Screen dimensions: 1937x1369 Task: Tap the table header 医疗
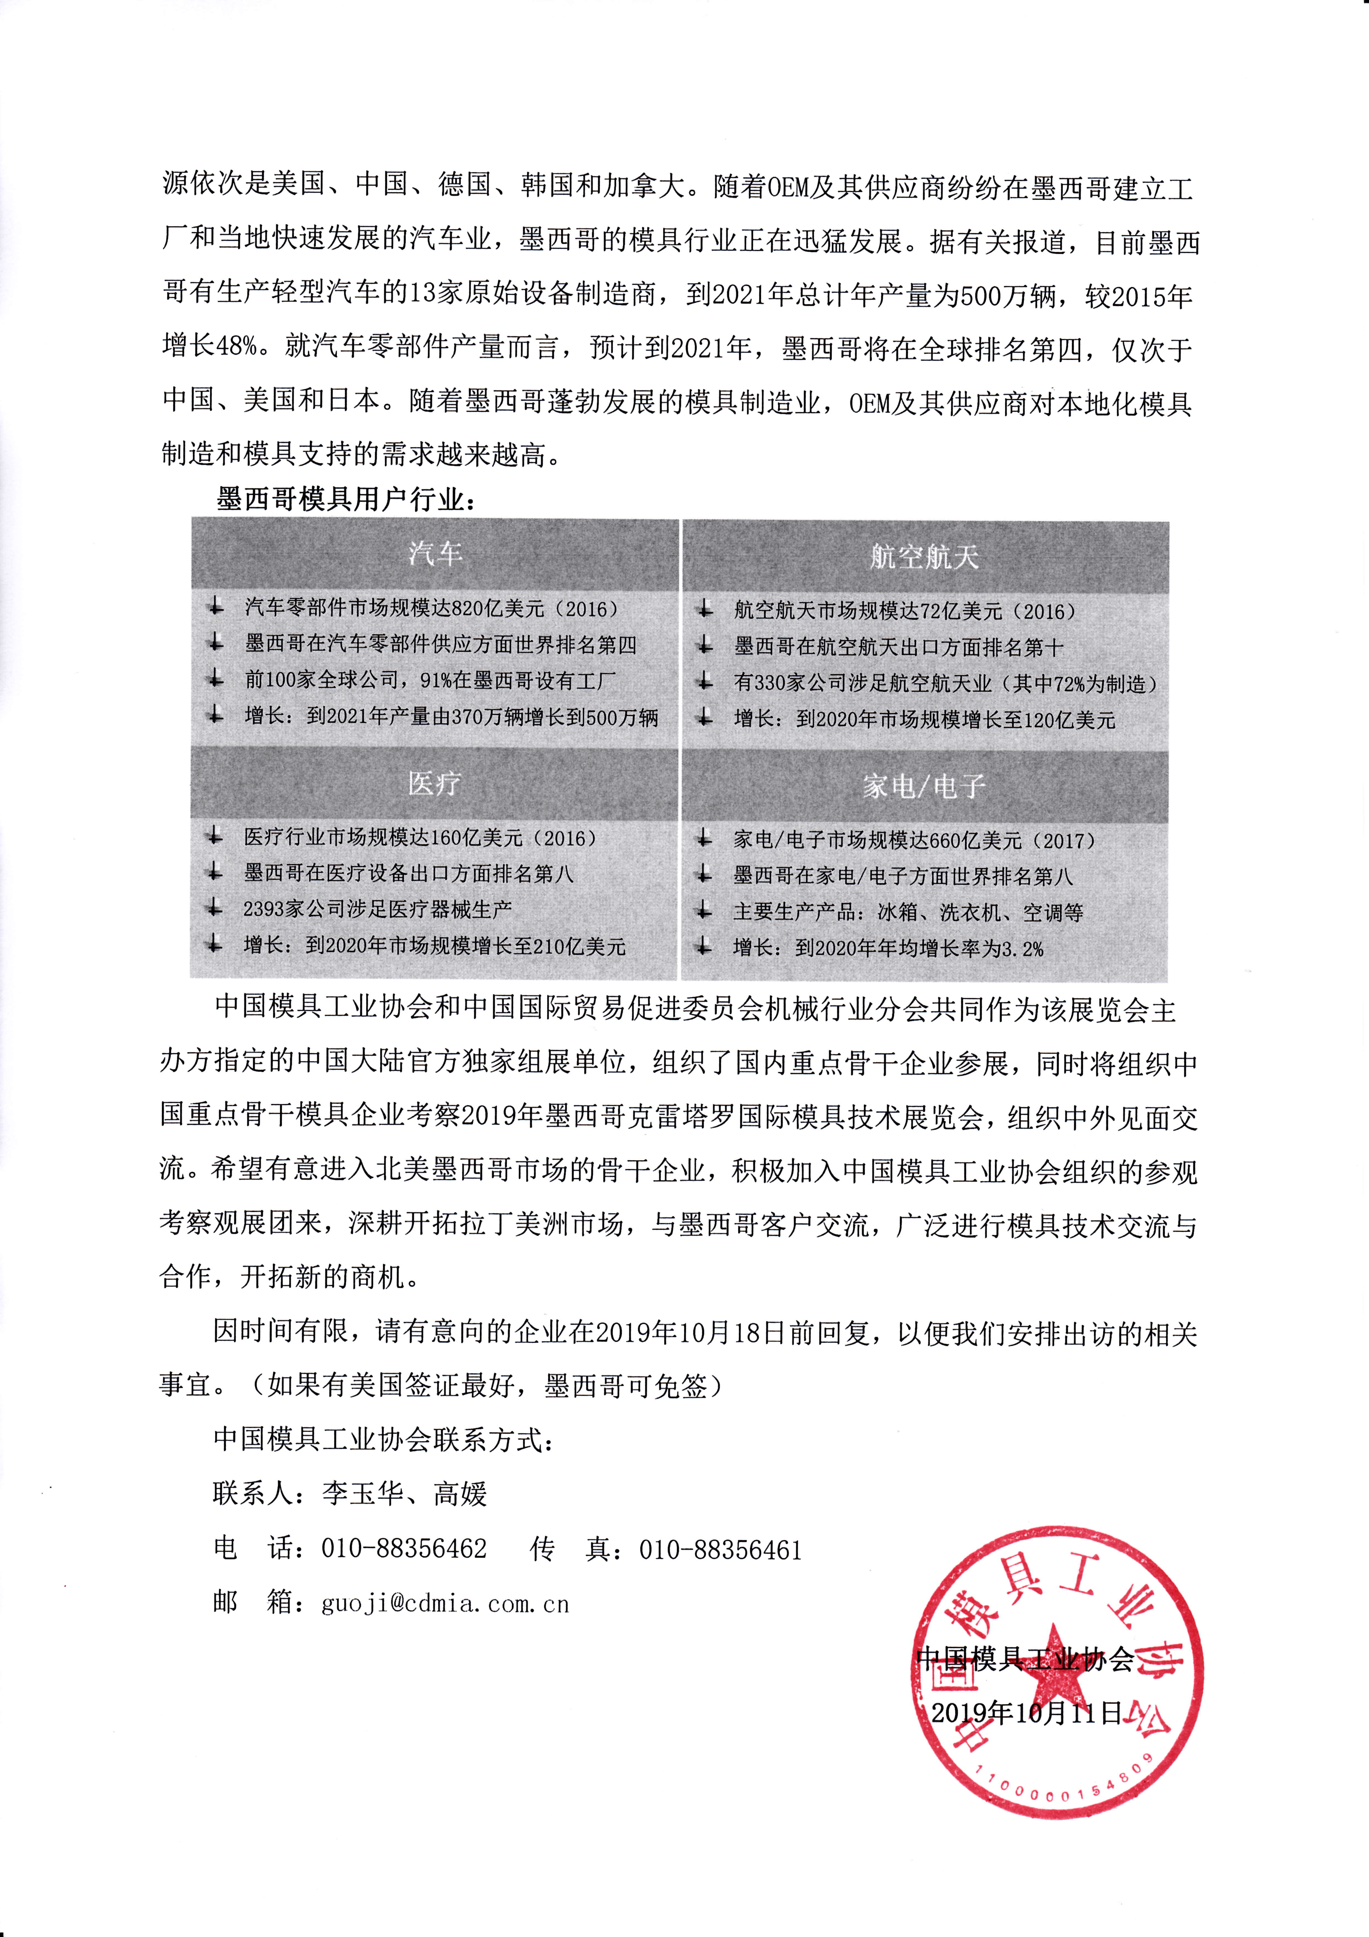pos(434,784)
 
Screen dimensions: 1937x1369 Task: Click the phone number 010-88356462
pos(404,1549)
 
